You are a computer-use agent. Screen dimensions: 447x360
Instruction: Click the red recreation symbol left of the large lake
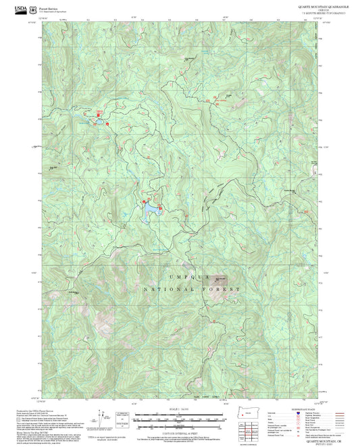click(x=143, y=202)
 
